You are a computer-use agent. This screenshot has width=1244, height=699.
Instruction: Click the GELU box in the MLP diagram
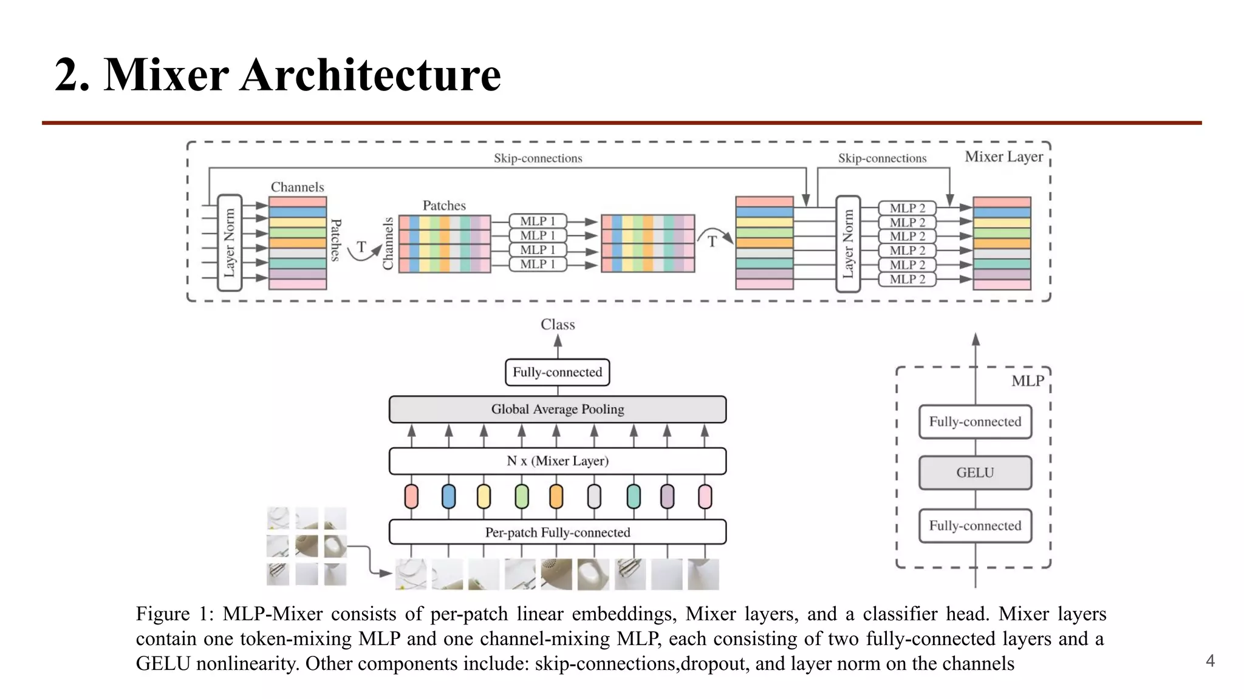pos(974,473)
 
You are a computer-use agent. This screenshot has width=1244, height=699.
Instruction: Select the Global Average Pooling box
pos(557,409)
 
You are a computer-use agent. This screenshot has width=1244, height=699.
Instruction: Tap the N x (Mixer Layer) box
pos(557,461)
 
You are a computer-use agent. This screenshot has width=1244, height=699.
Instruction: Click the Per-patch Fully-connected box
pos(557,532)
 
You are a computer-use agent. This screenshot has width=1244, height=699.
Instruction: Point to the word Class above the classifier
pos(558,325)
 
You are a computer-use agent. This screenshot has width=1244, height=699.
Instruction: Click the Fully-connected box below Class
pos(557,372)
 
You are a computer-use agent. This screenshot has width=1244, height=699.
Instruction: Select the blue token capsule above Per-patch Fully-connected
pos(448,496)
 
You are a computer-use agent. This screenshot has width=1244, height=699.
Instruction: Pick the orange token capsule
pos(556,496)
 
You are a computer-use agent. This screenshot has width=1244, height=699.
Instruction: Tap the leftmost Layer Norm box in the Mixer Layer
pos(230,243)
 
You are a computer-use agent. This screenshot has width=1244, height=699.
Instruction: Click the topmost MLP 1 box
pos(538,221)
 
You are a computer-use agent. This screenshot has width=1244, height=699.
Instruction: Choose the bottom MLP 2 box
pos(907,279)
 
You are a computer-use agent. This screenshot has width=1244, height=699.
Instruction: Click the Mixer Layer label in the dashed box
pos(1003,157)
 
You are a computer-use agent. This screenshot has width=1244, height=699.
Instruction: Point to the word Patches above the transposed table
pos(444,206)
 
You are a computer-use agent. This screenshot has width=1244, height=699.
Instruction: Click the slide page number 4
pos(1209,661)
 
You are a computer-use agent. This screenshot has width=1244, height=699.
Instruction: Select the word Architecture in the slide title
pos(370,75)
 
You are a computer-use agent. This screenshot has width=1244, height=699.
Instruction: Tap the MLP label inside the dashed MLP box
pos(1027,381)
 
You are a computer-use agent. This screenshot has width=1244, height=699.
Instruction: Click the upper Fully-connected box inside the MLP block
pos(974,422)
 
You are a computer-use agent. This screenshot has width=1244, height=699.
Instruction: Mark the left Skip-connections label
pos(538,158)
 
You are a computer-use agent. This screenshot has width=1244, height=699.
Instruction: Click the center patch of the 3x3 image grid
pos(306,546)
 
